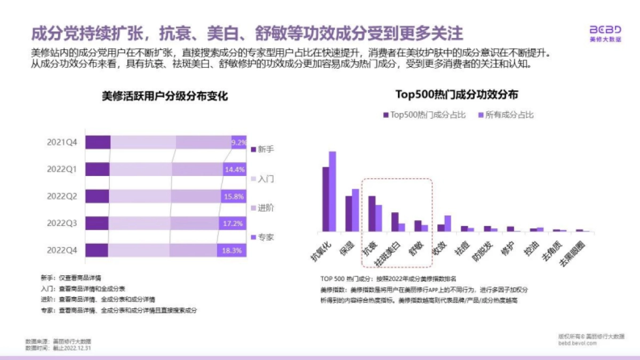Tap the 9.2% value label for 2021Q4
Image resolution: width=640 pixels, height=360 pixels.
(x=238, y=142)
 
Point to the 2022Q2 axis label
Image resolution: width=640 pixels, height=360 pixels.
(x=62, y=196)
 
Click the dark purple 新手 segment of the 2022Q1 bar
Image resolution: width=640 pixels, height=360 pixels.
(x=97, y=170)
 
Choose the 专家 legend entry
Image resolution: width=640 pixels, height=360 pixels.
(x=262, y=237)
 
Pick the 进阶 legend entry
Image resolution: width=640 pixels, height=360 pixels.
(x=262, y=208)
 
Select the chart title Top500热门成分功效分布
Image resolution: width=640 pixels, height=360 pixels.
(x=457, y=94)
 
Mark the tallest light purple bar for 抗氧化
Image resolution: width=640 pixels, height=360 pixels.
(x=332, y=191)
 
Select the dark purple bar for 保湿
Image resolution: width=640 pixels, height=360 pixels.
(x=349, y=214)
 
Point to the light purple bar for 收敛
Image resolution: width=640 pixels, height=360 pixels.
(x=447, y=223)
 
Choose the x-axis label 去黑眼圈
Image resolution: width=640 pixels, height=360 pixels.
(x=571, y=252)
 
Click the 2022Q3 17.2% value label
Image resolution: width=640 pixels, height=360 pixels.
(x=233, y=223)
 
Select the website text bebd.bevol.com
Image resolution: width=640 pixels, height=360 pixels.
(x=578, y=344)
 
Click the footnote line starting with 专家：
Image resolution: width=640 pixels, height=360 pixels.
(x=118, y=310)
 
